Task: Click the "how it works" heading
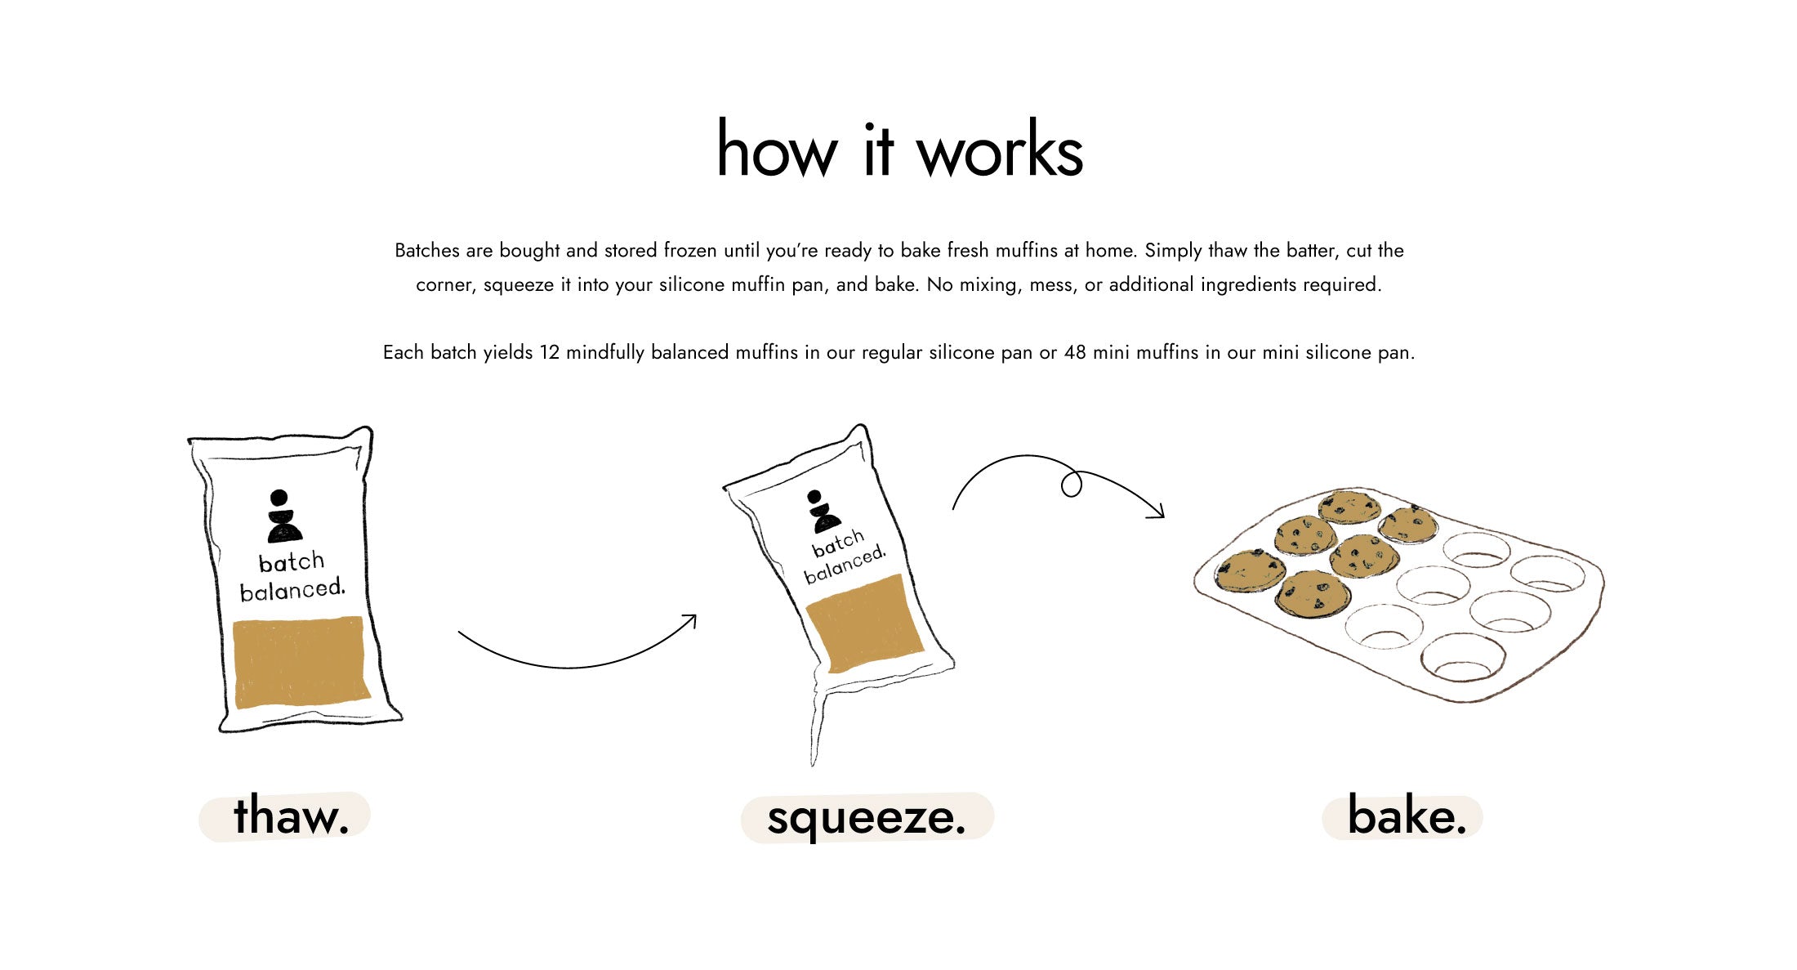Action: [x=899, y=149]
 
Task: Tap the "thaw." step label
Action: [x=292, y=816]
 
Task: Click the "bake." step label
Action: [x=1407, y=815]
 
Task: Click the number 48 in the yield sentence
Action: [x=1075, y=352]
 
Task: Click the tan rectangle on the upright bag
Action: [x=301, y=661]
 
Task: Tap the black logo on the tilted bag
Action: [x=822, y=512]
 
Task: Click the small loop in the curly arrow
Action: [x=1072, y=485]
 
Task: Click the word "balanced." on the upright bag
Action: [x=292, y=589]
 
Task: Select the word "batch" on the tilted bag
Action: [x=837, y=543]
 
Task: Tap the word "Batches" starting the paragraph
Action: [x=427, y=250]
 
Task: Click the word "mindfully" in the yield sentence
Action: [x=606, y=352]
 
